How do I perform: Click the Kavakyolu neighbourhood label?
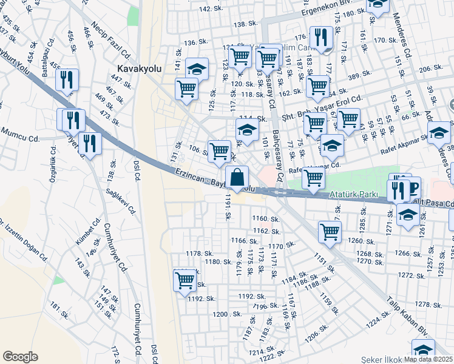tap(139, 69)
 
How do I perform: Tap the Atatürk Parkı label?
tap(353, 194)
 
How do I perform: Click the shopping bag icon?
tap(237, 178)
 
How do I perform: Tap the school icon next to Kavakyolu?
tap(197, 69)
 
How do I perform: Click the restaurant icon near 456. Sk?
tap(67, 80)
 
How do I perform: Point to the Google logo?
tap(20, 356)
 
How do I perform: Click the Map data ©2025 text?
tap(428, 359)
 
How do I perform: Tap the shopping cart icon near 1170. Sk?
tap(330, 232)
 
